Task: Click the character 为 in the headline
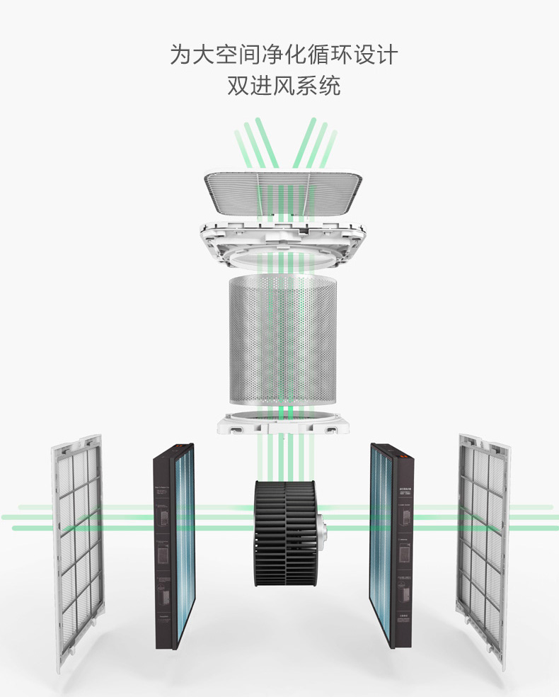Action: pos(181,55)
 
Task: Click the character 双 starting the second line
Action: pos(238,86)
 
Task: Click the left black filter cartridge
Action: pos(173,545)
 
